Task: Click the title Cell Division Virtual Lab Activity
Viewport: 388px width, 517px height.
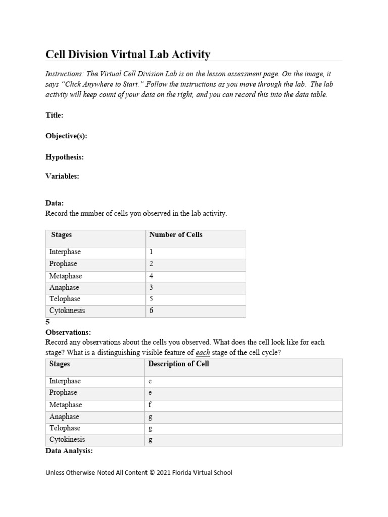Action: point(128,54)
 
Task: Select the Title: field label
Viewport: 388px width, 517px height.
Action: point(55,115)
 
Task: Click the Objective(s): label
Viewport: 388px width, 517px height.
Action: point(67,136)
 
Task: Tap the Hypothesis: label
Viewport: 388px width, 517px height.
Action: point(65,157)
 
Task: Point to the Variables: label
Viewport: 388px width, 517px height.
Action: point(62,176)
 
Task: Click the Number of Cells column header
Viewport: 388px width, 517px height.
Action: point(175,235)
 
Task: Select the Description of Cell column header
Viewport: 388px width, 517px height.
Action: point(178,364)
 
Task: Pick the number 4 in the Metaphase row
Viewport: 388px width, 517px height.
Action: point(151,276)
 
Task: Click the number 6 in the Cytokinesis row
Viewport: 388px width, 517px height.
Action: point(151,311)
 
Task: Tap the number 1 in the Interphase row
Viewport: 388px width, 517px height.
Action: point(151,252)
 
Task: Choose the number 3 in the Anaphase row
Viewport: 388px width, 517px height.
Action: point(151,288)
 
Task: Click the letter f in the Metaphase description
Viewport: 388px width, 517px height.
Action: point(150,405)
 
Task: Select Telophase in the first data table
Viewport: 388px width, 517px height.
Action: point(65,299)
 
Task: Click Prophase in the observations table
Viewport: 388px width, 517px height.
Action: point(63,393)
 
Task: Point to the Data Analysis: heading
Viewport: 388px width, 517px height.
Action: point(69,451)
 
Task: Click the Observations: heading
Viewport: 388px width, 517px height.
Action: point(68,332)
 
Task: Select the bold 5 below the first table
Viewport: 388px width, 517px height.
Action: point(47,322)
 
